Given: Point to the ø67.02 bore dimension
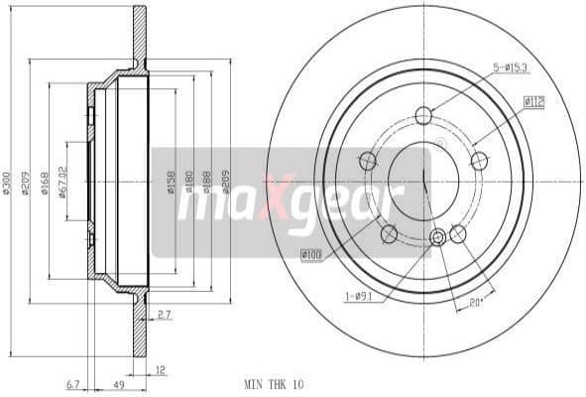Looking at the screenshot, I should tap(63, 182).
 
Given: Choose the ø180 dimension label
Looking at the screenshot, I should tap(191, 182).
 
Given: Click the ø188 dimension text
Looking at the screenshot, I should tap(207, 182).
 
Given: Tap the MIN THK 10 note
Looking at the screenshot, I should tap(273, 381).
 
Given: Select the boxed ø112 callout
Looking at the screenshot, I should tap(536, 99).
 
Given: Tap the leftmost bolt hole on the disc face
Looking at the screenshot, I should tap(368, 161).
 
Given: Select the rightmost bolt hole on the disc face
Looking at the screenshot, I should tap(480, 161).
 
